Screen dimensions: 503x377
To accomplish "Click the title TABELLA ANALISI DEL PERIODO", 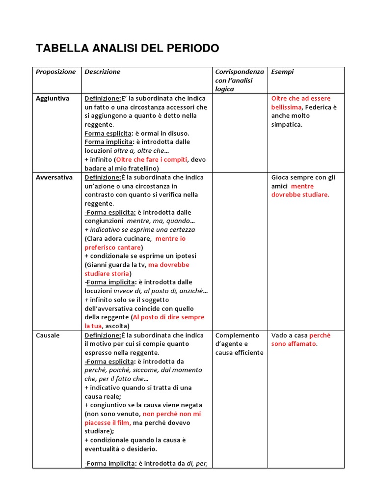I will pos(128,48).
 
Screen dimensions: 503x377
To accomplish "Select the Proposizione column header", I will pos(55,72).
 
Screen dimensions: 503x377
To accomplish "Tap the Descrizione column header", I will pos(102,72).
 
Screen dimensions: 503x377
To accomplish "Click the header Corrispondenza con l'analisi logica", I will pos(240,80).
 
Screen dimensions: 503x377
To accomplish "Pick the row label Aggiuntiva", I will pos(53,98).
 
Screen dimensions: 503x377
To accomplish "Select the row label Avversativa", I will pos(54,177).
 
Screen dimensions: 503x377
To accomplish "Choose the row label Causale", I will pos(48,335).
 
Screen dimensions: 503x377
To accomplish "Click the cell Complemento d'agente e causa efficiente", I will pos(239,344).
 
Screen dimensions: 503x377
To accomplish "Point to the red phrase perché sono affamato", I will pos(300,339).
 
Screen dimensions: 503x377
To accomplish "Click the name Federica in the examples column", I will pos(318,107).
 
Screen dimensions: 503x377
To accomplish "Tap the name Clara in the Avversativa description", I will pos(95,238).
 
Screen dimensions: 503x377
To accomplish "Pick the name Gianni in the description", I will pos(97,265).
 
